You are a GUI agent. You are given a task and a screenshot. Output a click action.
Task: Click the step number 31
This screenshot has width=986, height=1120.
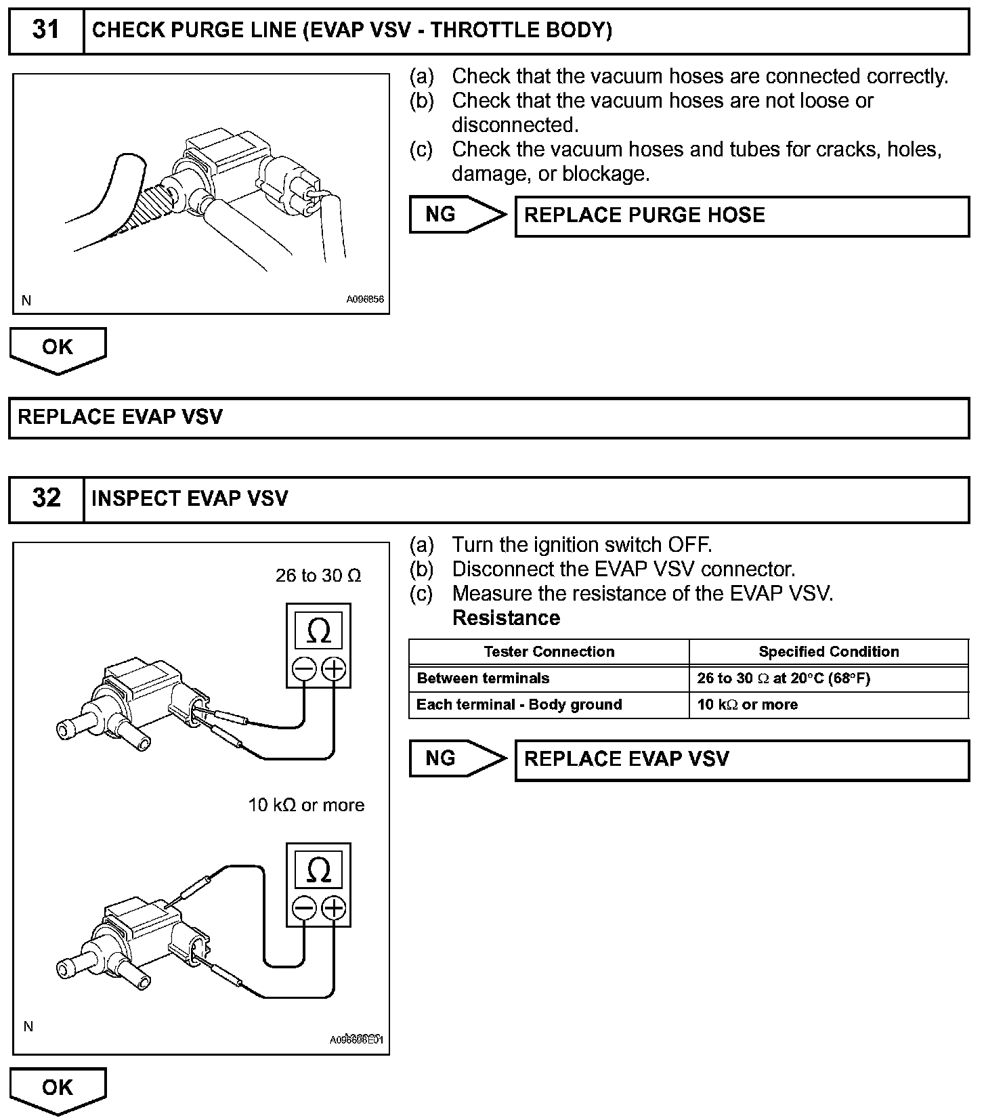click(46, 30)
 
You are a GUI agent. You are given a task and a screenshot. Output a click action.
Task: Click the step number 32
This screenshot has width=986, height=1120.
click(46, 498)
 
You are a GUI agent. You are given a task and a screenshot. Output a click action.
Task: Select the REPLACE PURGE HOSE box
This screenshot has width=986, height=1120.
click(742, 216)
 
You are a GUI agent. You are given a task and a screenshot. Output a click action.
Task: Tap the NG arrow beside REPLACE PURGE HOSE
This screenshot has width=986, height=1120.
click(457, 215)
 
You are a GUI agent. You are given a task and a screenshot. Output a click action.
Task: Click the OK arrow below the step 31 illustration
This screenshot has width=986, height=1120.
click(58, 349)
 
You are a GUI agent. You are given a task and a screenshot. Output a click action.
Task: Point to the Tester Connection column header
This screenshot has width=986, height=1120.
click(549, 651)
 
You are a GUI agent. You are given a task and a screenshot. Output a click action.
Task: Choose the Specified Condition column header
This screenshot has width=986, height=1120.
click(828, 651)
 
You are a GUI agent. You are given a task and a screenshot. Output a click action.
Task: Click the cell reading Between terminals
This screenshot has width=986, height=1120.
click(483, 678)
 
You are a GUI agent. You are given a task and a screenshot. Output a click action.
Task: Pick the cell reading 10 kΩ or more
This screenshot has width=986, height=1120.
click(747, 704)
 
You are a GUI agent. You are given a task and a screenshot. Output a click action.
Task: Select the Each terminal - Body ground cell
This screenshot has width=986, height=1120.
click(519, 704)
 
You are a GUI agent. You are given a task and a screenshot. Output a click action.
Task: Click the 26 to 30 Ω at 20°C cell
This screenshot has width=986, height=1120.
click(783, 678)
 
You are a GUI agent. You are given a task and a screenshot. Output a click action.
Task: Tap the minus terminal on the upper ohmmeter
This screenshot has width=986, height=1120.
click(304, 670)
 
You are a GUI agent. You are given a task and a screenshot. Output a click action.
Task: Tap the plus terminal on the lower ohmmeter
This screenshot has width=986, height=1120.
click(333, 908)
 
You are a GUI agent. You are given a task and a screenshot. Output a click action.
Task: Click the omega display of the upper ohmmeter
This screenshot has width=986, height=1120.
click(318, 631)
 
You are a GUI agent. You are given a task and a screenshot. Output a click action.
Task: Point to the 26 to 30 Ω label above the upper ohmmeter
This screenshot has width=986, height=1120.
click(318, 576)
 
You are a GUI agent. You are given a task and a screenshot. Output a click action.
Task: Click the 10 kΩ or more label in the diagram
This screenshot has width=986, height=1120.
click(306, 805)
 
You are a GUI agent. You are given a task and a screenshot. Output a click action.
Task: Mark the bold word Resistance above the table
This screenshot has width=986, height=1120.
click(506, 618)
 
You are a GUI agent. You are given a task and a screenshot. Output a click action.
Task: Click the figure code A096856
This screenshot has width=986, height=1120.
click(365, 299)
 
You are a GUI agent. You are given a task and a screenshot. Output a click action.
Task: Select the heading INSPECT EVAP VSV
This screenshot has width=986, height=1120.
click(190, 498)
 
